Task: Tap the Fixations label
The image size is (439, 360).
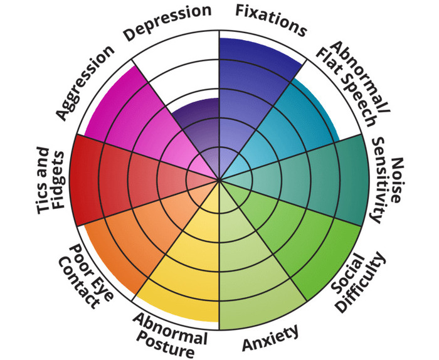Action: click(271, 19)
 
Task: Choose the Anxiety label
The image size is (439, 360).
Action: click(271, 339)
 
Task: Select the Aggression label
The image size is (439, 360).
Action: click(85, 82)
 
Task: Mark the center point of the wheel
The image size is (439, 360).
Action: click(219, 181)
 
